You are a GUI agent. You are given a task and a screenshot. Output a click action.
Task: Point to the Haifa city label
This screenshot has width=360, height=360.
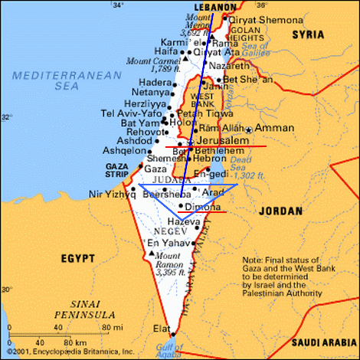(166, 51)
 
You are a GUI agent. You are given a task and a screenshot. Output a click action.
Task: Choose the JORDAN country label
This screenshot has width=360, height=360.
(283, 208)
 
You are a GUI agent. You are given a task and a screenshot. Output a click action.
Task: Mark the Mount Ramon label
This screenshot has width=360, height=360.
(169, 264)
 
